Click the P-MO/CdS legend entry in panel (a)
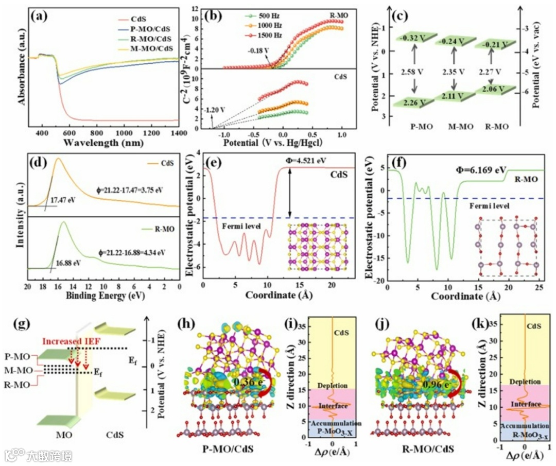[152, 29]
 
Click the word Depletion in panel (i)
[333, 385]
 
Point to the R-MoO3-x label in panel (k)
[525, 435]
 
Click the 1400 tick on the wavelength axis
[178, 132]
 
